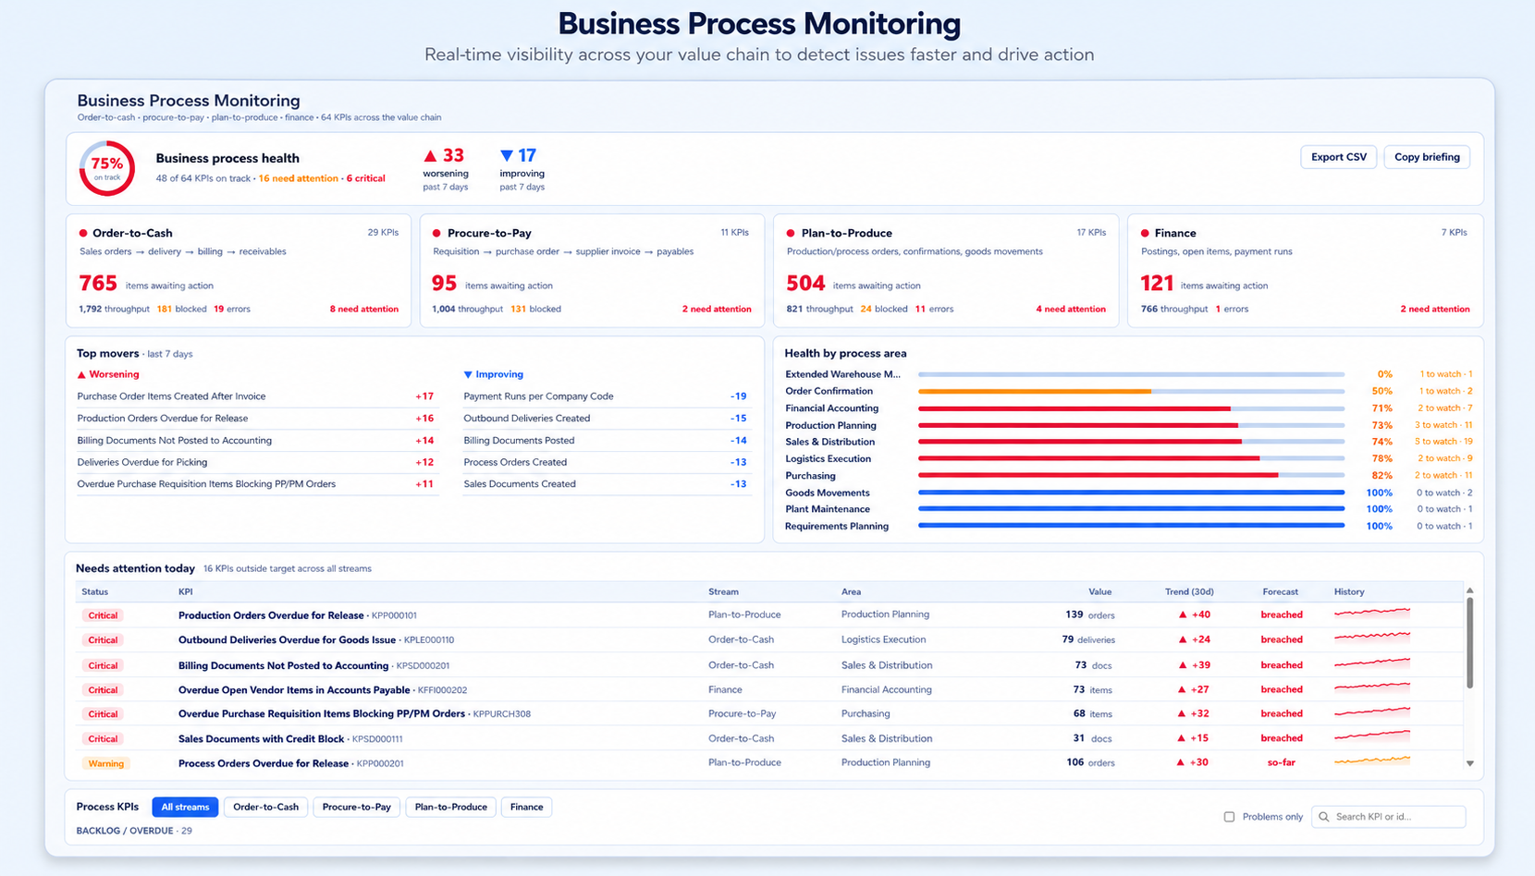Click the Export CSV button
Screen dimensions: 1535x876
1338,157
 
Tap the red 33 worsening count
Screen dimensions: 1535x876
444,155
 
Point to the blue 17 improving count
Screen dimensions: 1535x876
519,155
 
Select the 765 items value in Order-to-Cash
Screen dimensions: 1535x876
98,283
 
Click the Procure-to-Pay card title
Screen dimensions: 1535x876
489,233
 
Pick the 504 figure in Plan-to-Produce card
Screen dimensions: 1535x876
805,283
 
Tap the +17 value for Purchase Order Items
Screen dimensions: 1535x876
424,395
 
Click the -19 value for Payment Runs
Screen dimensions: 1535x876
738,395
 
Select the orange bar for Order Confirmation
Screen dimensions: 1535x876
1035,391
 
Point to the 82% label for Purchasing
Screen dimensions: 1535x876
1381,475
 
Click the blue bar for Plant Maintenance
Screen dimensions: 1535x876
1132,509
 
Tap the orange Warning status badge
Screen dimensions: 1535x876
105,763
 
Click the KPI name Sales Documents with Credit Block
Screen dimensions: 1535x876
261,738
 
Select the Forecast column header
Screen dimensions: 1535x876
1280,591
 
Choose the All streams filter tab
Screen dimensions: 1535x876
185,807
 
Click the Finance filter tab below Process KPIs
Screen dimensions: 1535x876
526,807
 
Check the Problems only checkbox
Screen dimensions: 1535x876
1229,817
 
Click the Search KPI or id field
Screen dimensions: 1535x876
1388,817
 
